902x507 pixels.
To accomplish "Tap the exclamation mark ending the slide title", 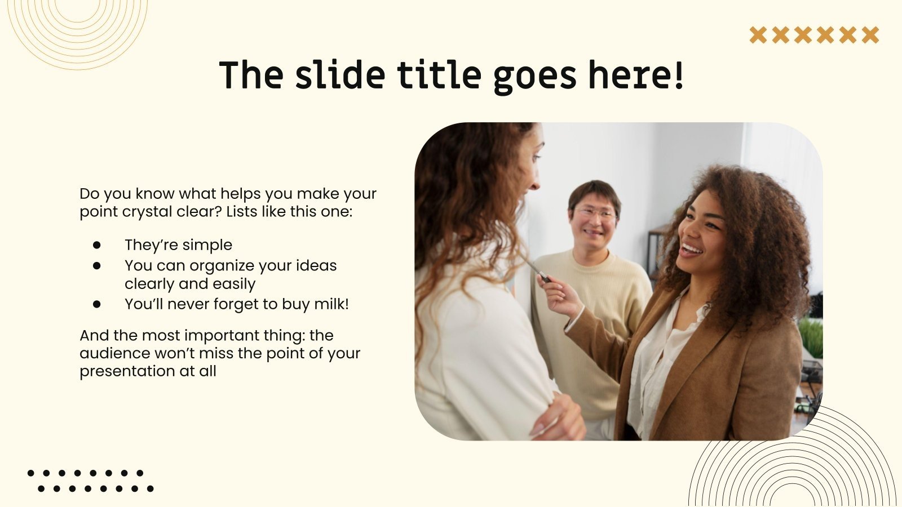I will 678,75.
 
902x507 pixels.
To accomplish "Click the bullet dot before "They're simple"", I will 97,245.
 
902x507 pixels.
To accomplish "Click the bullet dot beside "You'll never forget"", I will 97,304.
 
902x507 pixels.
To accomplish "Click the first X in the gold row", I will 758,35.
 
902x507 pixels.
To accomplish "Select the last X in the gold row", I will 870,35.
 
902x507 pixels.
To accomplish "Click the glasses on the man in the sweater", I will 595,214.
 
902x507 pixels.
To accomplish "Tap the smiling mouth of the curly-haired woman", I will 691,250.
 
